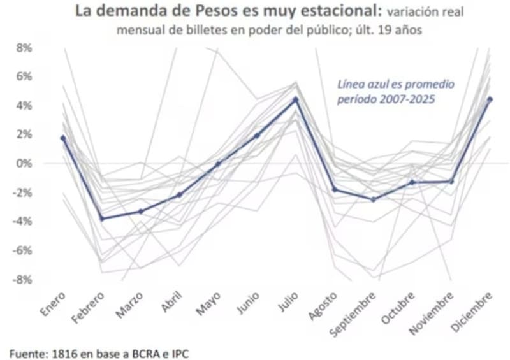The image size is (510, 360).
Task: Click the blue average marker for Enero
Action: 63,138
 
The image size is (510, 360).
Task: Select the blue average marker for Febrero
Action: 102,219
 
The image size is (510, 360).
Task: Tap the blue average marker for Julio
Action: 296,99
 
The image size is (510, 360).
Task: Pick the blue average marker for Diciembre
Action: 490,99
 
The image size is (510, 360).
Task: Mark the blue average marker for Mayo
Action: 218,164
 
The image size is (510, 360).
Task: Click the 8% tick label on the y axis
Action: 24,48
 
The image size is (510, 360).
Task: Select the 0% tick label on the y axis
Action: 24,164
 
